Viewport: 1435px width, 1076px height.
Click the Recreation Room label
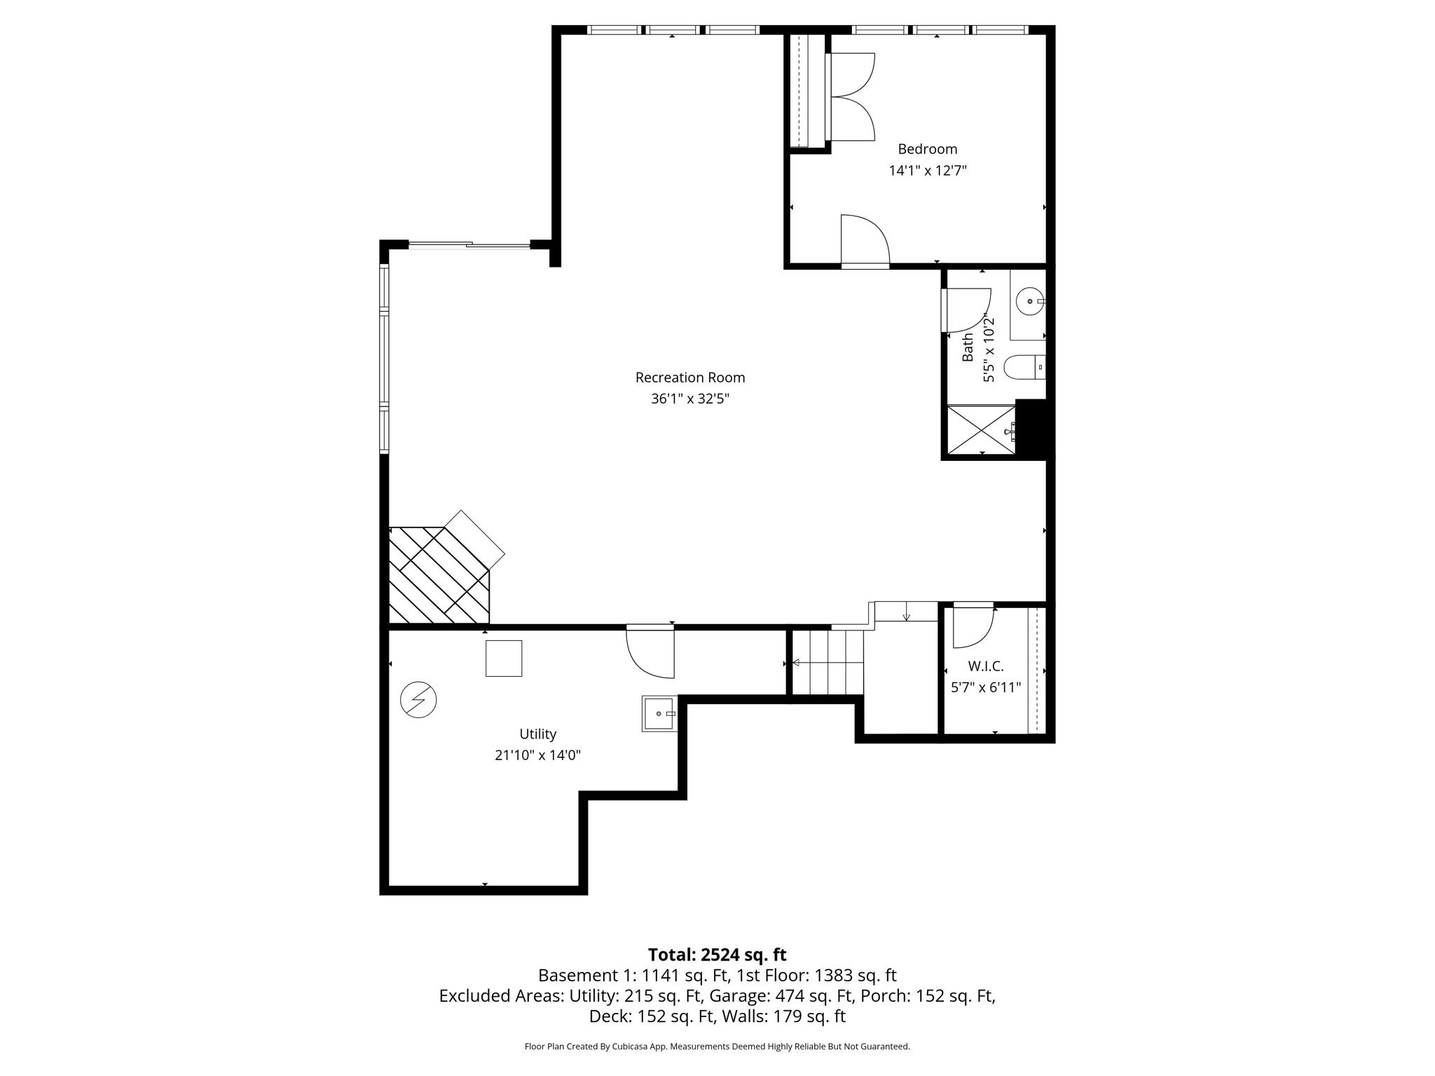(689, 378)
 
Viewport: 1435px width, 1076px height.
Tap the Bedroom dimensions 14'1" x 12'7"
(927, 170)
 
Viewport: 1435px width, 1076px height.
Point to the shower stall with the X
(980, 429)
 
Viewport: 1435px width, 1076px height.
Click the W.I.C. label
(985, 666)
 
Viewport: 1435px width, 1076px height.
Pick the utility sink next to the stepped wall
(659, 713)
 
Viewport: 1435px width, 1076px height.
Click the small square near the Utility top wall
(503, 658)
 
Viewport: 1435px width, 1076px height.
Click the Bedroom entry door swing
(865, 240)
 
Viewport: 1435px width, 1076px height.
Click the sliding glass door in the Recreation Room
(469, 244)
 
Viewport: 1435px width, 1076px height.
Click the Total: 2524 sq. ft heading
(717, 955)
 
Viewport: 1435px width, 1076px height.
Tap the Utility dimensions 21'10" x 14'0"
(537, 755)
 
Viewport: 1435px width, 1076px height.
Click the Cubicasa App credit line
(717, 1047)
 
